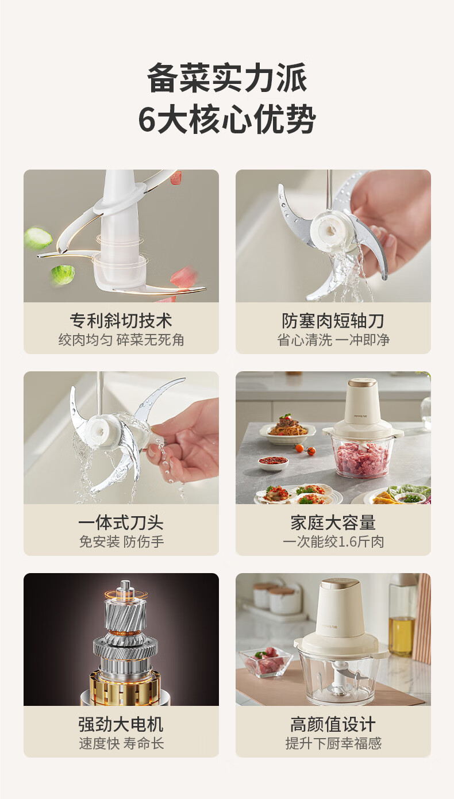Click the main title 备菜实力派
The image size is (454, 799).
point(227,78)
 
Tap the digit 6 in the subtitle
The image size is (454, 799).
point(147,119)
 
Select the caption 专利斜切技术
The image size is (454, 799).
point(121,320)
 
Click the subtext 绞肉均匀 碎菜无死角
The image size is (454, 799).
point(121,340)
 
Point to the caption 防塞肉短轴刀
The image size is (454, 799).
point(333,320)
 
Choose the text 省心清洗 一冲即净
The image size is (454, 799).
point(333,340)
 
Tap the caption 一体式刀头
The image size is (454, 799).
point(121,523)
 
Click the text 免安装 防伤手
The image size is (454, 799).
point(121,542)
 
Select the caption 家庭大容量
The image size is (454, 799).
point(333,523)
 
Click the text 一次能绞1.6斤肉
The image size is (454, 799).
point(333,542)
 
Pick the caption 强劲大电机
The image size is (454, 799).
point(121,724)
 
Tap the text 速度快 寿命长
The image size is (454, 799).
point(121,744)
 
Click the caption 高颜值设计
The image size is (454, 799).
point(333,724)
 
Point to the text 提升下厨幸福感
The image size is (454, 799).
point(333,744)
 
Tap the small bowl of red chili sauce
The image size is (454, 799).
point(273,462)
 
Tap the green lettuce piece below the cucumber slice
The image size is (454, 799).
point(63,274)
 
